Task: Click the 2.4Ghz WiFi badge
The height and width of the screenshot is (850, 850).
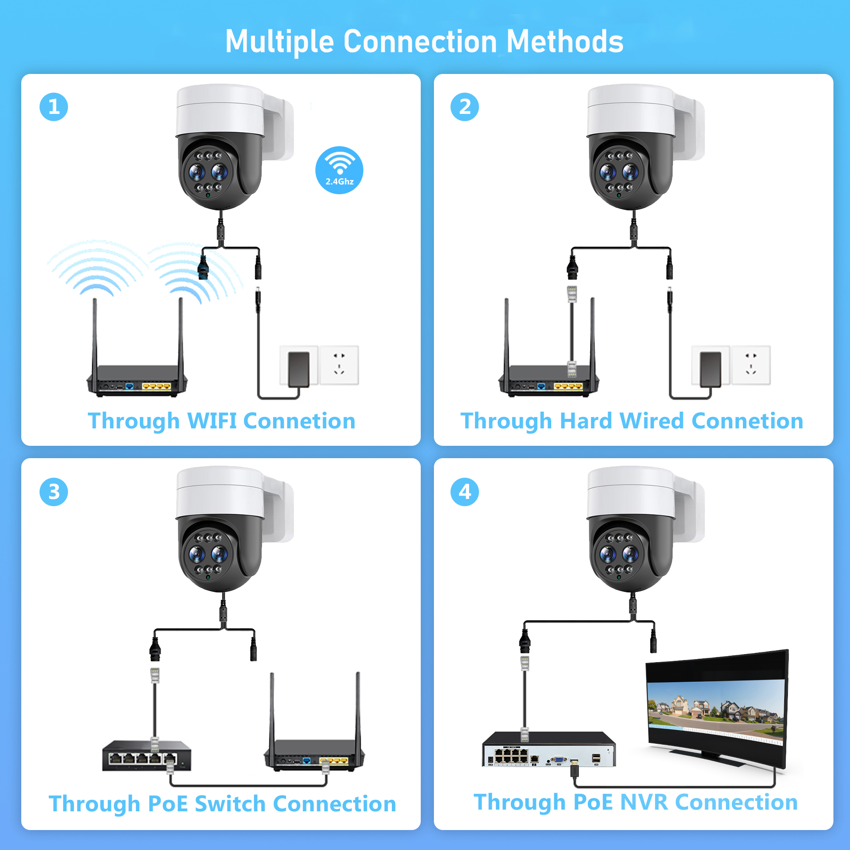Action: point(339,170)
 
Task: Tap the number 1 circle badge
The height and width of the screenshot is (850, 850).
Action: point(54,107)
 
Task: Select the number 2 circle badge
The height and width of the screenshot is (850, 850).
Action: point(465,107)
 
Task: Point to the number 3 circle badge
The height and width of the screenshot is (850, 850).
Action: point(54,492)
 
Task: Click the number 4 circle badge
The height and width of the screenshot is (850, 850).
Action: point(465,492)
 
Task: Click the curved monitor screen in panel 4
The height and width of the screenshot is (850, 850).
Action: point(716,708)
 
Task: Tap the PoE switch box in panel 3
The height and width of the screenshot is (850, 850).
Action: point(147,755)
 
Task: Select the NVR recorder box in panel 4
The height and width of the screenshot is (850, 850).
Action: point(549,750)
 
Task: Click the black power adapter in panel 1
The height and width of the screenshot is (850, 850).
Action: point(299,368)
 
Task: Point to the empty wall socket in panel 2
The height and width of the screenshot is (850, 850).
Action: point(751,365)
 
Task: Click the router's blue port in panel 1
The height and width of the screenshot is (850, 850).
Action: point(129,387)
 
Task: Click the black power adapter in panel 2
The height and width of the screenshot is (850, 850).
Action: point(710,368)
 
